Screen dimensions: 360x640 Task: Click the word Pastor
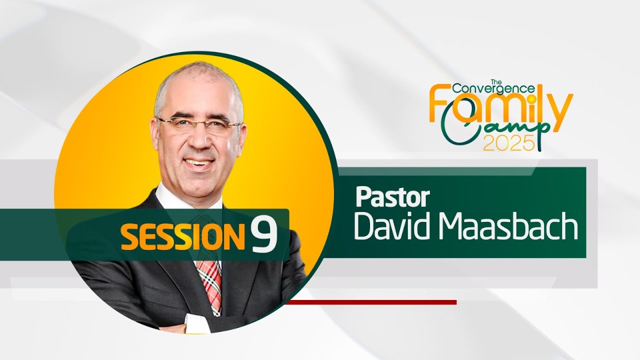click(x=392, y=197)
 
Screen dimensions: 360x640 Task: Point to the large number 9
click(x=263, y=235)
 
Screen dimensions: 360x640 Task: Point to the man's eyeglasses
click(x=198, y=124)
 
